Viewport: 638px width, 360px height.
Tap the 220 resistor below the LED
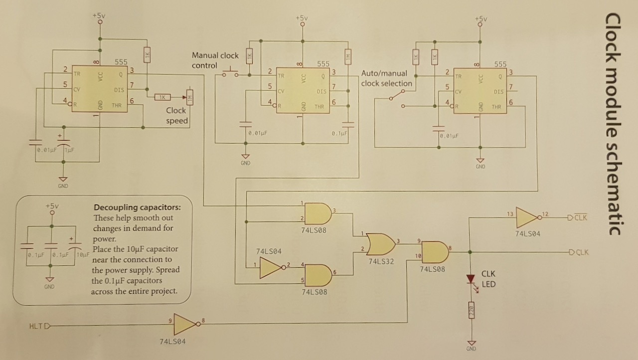(470, 312)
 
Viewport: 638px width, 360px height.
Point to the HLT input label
(36, 327)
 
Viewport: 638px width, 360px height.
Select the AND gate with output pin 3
(318, 213)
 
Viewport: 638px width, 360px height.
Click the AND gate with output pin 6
(318, 275)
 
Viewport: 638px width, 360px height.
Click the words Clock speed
(176, 115)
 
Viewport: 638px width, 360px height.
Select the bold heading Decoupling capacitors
(137, 207)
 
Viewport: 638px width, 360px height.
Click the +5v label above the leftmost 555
(99, 15)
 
